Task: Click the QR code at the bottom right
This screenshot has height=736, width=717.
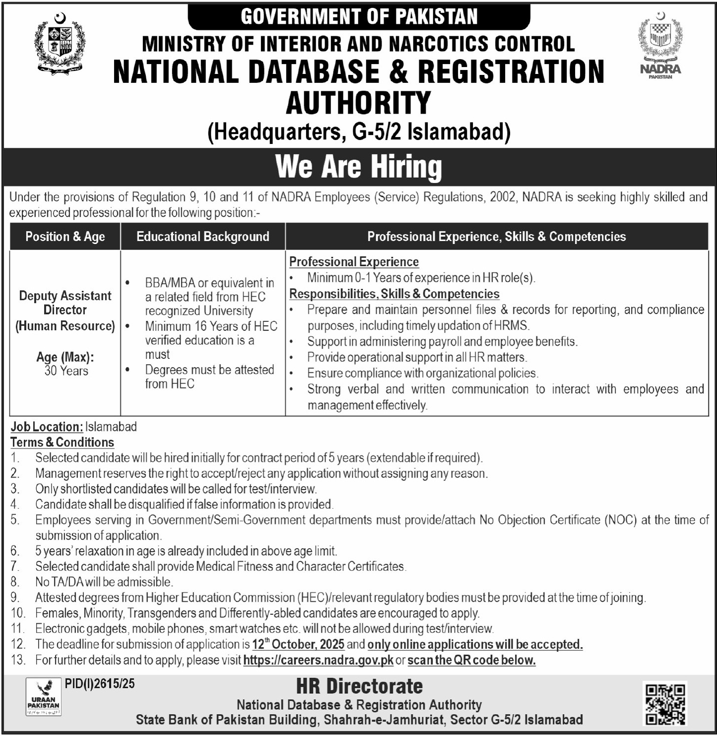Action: coord(665,703)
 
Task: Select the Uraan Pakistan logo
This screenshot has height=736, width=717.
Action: coord(44,697)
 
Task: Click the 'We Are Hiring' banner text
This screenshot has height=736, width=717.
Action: coord(358,167)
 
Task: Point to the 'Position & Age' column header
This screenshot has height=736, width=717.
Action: coord(65,236)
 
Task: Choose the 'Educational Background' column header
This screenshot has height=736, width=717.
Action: coord(202,236)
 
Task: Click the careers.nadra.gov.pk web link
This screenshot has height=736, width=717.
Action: coord(318,660)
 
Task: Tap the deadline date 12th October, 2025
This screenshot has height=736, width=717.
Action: coord(298,644)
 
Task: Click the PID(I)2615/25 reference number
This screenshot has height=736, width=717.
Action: coord(100,683)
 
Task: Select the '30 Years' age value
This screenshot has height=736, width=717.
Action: coord(66,371)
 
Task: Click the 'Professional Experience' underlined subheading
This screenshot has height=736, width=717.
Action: coord(354,262)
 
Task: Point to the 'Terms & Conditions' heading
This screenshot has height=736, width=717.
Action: coord(62,442)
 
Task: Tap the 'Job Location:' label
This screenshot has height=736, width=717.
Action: coord(47,427)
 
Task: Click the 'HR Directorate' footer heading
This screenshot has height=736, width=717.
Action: coord(359,686)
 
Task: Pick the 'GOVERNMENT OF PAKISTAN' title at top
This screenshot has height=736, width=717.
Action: coord(359,17)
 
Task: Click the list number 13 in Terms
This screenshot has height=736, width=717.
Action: coord(17,660)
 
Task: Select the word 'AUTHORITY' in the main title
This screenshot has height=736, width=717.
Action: coord(358,103)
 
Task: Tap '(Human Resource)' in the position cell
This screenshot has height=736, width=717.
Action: coord(65,326)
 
